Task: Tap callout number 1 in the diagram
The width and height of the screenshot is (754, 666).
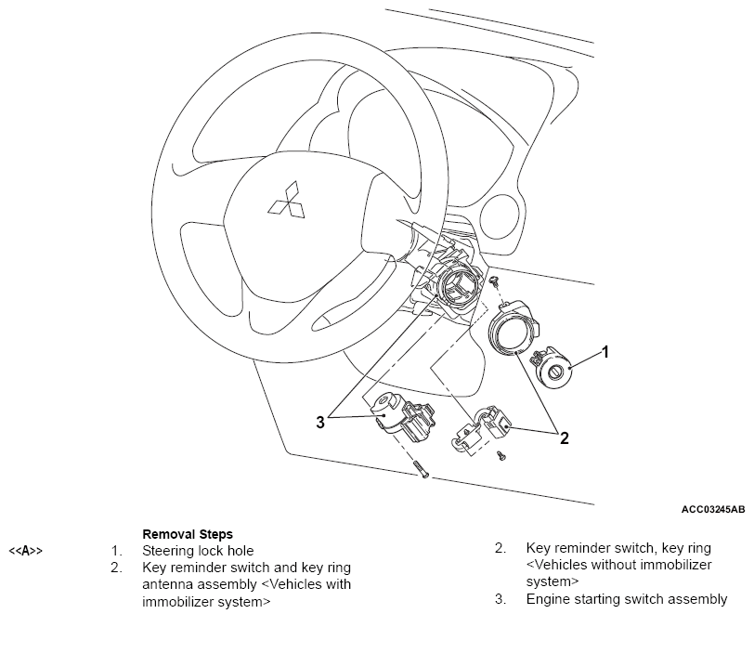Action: [x=605, y=352]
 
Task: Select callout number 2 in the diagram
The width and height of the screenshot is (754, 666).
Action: [x=564, y=437]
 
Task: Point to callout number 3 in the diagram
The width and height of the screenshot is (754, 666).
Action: [x=320, y=422]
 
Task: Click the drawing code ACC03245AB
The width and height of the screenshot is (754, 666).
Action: [x=712, y=510]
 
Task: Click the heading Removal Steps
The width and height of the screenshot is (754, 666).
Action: [x=187, y=534]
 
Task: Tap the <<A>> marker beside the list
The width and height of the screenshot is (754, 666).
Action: [x=26, y=551]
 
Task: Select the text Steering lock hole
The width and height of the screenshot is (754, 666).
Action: [x=198, y=551]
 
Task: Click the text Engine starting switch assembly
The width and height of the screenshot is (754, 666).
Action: [x=627, y=599]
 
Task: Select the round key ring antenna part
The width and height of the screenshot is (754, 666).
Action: [x=513, y=330]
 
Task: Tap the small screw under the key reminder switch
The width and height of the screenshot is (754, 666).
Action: [x=501, y=455]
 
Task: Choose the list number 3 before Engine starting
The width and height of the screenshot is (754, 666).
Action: [x=500, y=599]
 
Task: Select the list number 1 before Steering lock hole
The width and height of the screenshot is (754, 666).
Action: [x=116, y=551]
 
